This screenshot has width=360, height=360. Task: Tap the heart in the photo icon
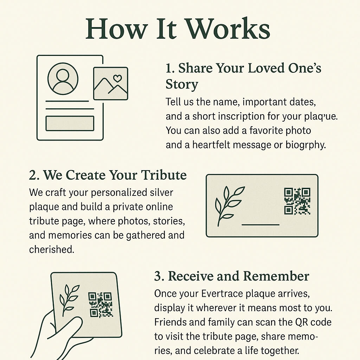click(117, 78)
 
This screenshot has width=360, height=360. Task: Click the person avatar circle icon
click(63, 78)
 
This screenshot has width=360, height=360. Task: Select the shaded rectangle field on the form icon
click(70, 123)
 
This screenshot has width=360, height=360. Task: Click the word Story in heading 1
click(182, 85)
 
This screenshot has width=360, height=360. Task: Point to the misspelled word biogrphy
click(306, 145)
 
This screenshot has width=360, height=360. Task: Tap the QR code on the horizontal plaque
click(297, 201)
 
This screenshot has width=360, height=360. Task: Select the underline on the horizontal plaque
click(261, 225)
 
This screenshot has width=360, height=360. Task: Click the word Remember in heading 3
click(276, 276)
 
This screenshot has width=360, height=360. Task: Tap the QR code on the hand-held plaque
click(100, 305)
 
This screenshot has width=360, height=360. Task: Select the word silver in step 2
click(161, 192)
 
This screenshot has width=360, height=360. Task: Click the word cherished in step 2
click(52, 249)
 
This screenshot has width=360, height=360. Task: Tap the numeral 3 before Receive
click(159, 276)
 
